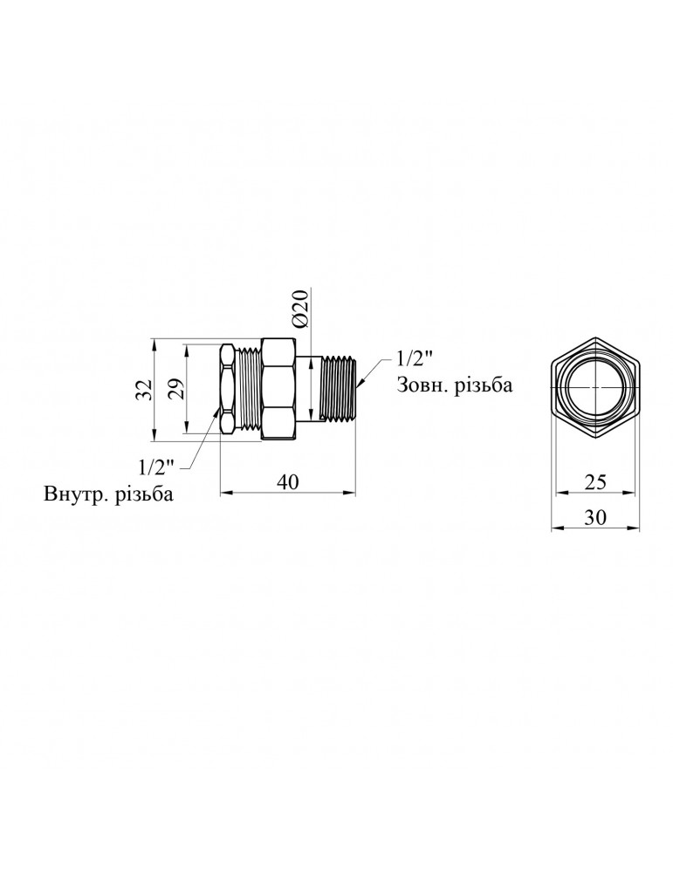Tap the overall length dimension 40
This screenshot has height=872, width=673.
(x=289, y=482)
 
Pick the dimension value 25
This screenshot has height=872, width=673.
(x=596, y=482)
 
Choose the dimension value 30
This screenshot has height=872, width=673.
(x=596, y=516)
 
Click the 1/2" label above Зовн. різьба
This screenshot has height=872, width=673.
(x=415, y=358)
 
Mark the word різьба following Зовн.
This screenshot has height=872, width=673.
(x=484, y=385)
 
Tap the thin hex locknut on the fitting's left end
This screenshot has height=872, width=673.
(x=226, y=389)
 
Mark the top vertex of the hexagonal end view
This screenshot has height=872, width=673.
(x=596, y=337)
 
